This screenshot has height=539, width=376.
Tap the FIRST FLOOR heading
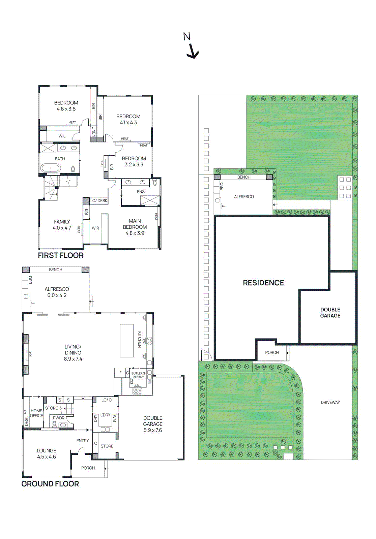(x=61, y=255)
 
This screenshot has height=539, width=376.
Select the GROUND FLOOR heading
(x=50, y=484)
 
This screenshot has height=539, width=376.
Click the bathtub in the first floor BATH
(x=51, y=168)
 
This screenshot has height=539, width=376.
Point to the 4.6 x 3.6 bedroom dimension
(x=66, y=109)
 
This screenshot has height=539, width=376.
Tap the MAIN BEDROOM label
(x=135, y=224)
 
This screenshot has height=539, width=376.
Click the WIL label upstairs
(x=62, y=136)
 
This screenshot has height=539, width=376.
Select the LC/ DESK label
(x=99, y=200)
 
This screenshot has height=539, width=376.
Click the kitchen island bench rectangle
(x=127, y=341)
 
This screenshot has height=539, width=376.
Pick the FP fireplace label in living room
(x=30, y=354)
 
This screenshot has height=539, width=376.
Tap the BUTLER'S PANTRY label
(x=138, y=375)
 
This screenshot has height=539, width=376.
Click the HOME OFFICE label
(x=36, y=413)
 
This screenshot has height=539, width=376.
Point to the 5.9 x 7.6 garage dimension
(x=153, y=430)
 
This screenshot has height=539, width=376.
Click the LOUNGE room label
(x=47, y=450)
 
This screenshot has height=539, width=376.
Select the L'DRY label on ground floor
(x=105, y=415)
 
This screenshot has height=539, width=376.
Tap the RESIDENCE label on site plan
(x=263, y=283)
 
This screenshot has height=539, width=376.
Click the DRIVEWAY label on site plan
(x=330, y=402)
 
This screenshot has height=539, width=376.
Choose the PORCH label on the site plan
(x=272, y=352)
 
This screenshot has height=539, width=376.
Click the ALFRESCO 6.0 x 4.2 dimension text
(x=57, y=295)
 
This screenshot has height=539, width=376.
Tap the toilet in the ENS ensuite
(x=155, y=183)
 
